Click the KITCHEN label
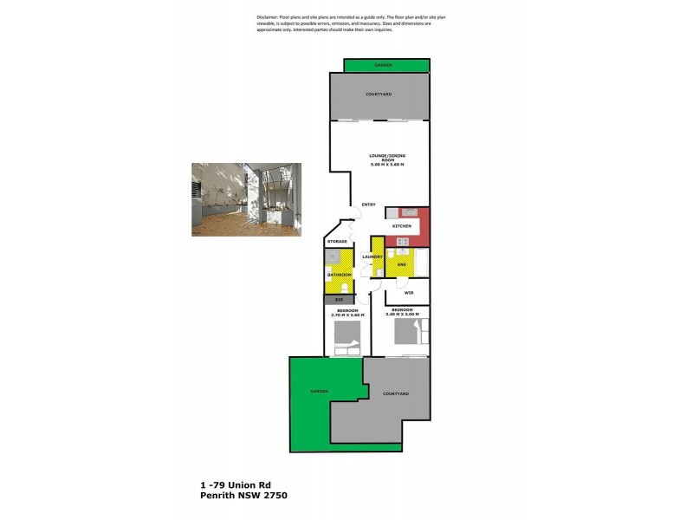(x=402, y=226)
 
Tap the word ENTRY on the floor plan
(x=368, y=205)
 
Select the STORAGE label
(x=338, y=241)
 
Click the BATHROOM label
(x=338, y=275)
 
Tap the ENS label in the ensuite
(x=402, y=263)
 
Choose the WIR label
(x=408, y=292)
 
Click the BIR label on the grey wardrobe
(x=340, y=300)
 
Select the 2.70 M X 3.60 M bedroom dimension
(x=347, y=315)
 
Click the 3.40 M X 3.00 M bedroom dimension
(x=405, y=315)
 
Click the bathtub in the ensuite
(x=421, y=262)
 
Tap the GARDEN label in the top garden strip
(x=384, y=65)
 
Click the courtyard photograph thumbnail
(x=246, y=199)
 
